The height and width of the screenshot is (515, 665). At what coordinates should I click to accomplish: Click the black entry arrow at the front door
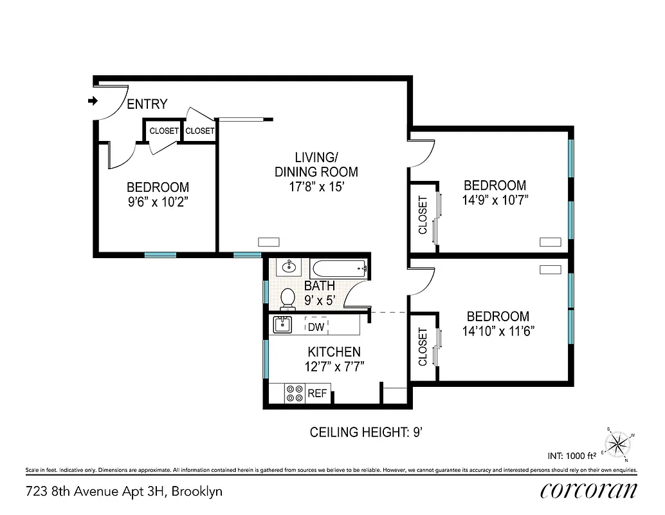(92, 100)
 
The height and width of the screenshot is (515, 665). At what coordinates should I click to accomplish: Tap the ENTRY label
(147, 104)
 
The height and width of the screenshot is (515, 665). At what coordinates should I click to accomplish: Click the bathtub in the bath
(339, 268)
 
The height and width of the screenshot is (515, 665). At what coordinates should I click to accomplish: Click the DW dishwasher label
(315, 327)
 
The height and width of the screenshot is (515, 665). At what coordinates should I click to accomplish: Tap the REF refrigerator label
(317, 393)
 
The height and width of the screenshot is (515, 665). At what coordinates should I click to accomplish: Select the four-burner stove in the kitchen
(295, 393)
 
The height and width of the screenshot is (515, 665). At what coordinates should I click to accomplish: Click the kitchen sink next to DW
(282, 325)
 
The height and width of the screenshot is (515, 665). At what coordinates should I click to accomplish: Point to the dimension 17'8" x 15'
(316, 187)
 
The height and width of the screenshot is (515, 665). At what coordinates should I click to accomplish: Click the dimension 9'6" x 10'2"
(158, 201)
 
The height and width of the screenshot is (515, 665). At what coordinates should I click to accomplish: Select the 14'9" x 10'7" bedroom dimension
(495, 199)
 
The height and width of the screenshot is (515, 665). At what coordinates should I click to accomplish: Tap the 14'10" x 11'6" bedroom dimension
(498, 331)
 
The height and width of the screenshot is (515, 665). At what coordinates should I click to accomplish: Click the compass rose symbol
(618, 443)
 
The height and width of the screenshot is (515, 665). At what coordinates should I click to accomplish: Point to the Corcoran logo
(588, 491)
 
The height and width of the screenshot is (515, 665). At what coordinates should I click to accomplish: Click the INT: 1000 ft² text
(572, 456)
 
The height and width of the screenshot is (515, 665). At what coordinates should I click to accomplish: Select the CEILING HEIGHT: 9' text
(365, 431)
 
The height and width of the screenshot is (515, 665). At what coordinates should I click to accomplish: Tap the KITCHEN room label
(334, 352)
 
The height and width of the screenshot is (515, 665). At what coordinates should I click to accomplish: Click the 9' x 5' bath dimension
(320, 299)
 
